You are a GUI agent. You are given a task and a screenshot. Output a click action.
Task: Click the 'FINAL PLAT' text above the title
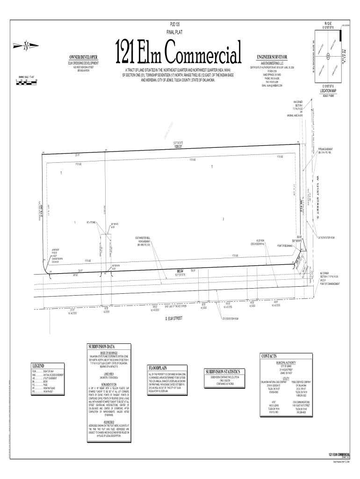(173, 32)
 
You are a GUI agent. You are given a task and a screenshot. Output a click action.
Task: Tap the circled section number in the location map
(329, 57)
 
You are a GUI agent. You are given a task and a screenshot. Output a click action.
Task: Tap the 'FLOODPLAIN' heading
(158, 368)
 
